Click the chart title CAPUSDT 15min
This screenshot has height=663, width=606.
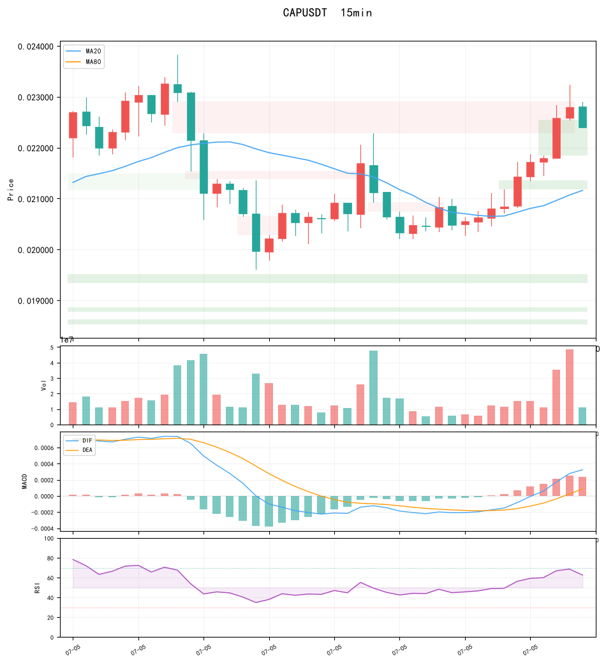[327, 13]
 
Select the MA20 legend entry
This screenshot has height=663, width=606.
[84, 51]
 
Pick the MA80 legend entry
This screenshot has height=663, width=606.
[84, 62]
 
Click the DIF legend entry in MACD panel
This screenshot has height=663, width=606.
[80, 441]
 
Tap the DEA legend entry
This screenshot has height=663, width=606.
[80, 450]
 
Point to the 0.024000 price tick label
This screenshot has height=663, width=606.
[36, 47]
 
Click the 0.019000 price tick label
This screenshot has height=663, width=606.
[36, 301]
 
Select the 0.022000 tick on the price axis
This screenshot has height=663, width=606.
[36, 149]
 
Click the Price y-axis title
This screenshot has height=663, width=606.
[11, 189]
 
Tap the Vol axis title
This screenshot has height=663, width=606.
[43, 385]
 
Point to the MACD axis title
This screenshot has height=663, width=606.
[24, 481]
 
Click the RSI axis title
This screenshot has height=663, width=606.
[37, 588]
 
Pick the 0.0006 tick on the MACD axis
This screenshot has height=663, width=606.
[44, 448]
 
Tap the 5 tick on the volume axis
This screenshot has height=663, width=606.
[52, 347]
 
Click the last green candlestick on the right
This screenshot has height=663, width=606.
[583, 117]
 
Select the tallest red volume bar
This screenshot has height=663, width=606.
[570, 387]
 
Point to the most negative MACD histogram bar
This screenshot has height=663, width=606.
[269, 511]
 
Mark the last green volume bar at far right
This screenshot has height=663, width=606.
[583, 416]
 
